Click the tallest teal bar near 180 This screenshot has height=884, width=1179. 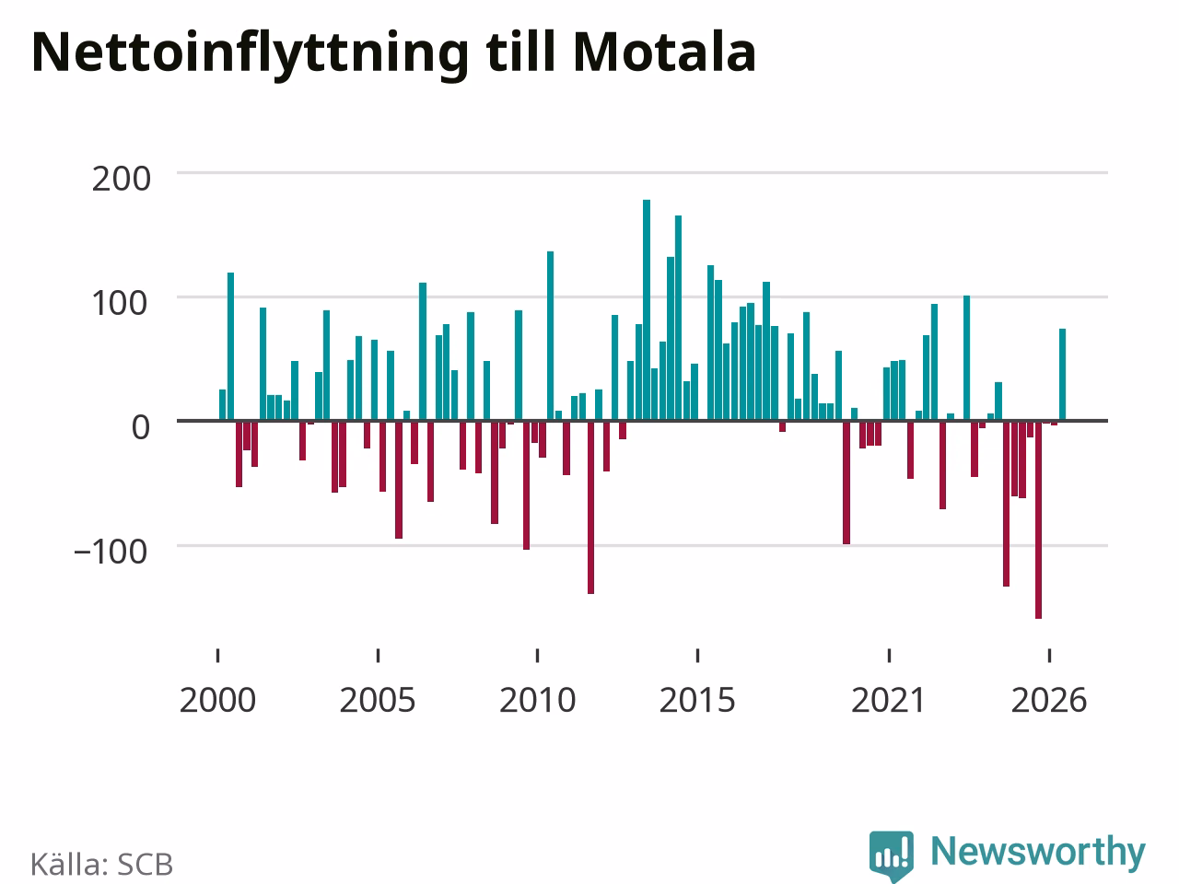click(x=647, y=309)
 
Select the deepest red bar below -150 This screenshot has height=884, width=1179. click(x=1038, y=520)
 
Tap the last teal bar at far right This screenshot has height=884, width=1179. click(x=1062, y=374)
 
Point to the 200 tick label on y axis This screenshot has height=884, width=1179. click(x=121, y=179)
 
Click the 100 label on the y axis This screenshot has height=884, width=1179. click(x=119, y=303)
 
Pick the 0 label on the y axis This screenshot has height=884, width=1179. click(x=141, y=428)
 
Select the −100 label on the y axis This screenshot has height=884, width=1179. click(x=111, y=552)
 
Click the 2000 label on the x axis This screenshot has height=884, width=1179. click(x=217, y=700)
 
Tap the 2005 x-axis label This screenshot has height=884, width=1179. click(x=378, y=700)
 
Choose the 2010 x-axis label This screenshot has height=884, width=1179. click(x=538, y=700)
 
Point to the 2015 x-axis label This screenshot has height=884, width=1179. click(x=697, y=700)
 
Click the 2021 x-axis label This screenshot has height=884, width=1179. click(x=889, y=700)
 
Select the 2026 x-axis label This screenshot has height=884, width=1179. click(x=1049, y=700)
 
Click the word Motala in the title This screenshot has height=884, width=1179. click(x=665, y=52)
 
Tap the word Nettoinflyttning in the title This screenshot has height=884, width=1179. click(x=251, y=56)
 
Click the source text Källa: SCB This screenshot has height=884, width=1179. click(x=101, y=864)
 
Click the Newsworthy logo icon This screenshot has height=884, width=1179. click(x=891, y=855)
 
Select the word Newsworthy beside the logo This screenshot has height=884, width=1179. click(x=1038, y=853)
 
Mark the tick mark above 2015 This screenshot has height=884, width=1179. click(x=698, y=656)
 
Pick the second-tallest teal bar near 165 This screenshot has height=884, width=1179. click(x=679, y=318)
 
